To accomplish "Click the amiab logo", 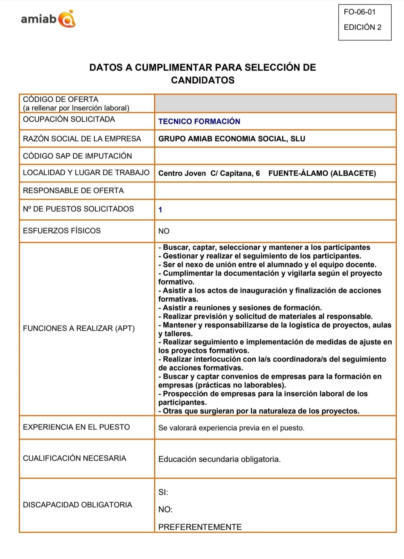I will coord(48,19).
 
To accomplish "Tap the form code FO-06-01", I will coord(359,12).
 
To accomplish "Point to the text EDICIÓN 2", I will coord(362,27).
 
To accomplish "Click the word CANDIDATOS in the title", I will coord(203,80).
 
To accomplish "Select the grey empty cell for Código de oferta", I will coord(275,103).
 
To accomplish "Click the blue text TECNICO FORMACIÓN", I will coord(199,121).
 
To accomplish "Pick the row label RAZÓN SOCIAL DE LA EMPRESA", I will coord(82,139).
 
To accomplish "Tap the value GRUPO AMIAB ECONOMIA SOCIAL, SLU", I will coord(232,139).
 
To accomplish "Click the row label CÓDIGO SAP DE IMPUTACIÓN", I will coord(77,156).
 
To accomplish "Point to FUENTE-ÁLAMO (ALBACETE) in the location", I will coord(322,173).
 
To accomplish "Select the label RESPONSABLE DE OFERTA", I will coord(73,190).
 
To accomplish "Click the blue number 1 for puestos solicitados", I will coord(160,210).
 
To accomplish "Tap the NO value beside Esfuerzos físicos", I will coord(164,231).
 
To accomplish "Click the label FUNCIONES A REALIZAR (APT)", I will coord(79,328).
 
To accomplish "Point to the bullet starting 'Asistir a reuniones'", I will coord(241,308).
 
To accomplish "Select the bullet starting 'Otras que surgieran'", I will coord(259,411).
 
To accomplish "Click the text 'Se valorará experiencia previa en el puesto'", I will coord(231,428).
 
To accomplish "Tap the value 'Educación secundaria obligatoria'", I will coord(219,459).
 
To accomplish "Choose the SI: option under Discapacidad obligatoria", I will coord(163,492).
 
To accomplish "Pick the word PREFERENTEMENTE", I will coord(200,527).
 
